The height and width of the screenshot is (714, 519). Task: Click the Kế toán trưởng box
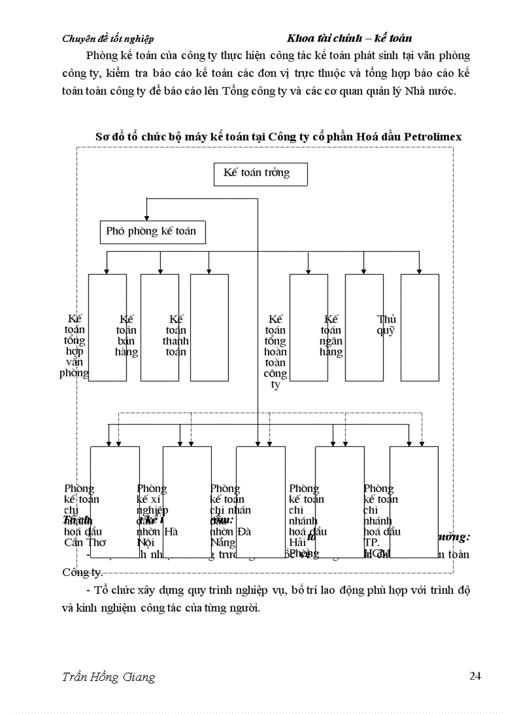261,174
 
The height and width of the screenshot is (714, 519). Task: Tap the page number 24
474,676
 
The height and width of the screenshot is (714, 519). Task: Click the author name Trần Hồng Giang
109,676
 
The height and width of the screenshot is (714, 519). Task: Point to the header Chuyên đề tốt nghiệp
107,39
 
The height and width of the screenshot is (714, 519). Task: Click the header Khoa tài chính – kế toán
349,38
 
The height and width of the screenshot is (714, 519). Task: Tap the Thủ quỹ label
386,324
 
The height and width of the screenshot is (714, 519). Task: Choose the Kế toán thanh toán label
176,336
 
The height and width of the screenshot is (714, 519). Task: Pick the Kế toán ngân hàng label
331,336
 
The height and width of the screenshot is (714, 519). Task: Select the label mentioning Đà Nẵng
230,515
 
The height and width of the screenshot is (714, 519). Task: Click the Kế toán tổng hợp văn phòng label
74,346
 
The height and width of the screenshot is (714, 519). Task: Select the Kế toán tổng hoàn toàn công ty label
275,352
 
